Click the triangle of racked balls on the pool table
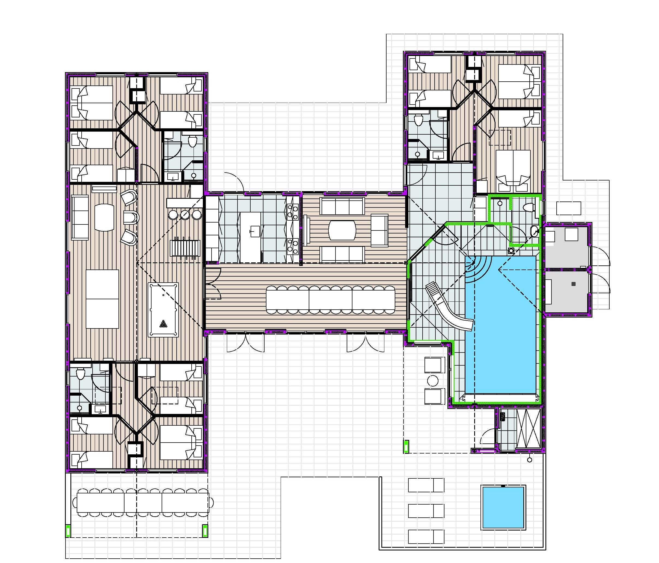point(164,324)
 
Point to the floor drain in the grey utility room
point(574,284)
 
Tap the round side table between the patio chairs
point(433,381)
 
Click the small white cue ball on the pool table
point(163,295)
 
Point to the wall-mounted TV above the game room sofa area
point(104,189)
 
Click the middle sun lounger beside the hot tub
point(426,511)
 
